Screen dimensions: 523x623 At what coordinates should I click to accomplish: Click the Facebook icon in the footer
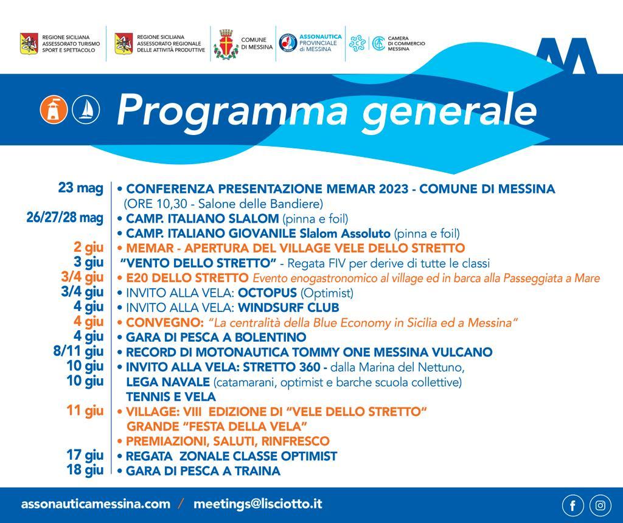click(573, 505)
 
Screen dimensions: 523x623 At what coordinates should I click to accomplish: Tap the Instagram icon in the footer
click(600, 505)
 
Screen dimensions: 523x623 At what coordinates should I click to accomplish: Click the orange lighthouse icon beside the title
click(54, 109)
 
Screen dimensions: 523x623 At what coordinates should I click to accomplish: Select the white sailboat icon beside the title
click(86, 109)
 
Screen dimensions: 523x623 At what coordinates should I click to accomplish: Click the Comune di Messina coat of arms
click(226, 44)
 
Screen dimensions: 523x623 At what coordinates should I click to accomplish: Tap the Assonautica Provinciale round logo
click(288, 43)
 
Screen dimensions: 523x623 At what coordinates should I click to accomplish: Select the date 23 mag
click(80, 188)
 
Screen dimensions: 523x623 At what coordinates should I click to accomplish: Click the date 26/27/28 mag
click(64, 218)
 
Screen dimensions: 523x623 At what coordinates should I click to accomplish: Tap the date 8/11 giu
click(78, 352)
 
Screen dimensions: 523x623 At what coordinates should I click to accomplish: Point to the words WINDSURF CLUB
click(288, 308)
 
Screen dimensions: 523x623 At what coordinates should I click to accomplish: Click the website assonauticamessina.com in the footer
click(96, 504)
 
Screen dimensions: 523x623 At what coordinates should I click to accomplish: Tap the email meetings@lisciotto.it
click(257, 504)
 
